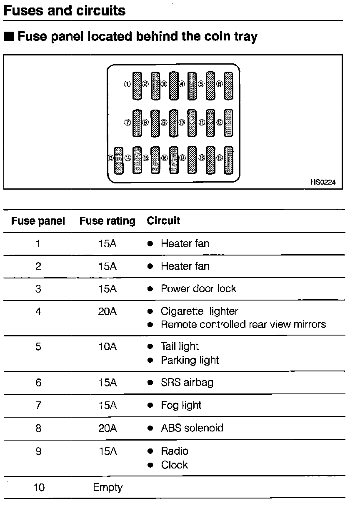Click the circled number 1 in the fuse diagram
[x=127, y=84]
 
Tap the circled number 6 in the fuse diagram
[x=219, y=84]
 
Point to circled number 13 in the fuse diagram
[x=110, y=158]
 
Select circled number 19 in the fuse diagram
[x=219, y=158]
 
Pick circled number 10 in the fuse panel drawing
[x=182, y=123]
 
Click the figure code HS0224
[x=323, y=182]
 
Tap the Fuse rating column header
[x=107, y=221]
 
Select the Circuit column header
[x=163, y=220]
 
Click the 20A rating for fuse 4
[x=107, y=311]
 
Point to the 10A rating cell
[x=107, y=346]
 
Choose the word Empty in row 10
[x=108, y=487]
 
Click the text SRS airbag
[x=187, y=383]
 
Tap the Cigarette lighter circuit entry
[x=199, y=311]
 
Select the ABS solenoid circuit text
[x=192, y=428]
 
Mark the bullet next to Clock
[x=150, y=465]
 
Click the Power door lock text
[x=198, y=289]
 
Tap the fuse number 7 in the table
[x=38, y=406]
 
